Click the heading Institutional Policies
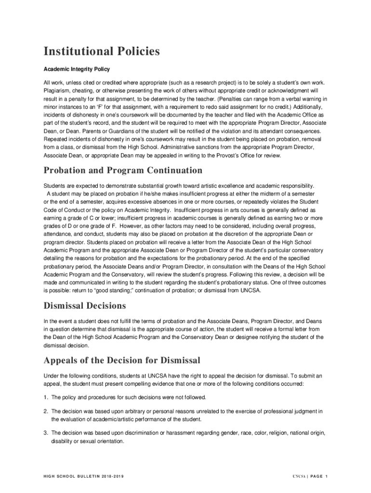click(102, 52)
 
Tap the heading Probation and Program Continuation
click(123, 170)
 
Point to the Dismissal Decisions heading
click(85, 306)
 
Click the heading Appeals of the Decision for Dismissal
click(121, 361)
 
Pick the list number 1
click(45, 397)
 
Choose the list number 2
click(45, 411)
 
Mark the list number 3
click(45, 433)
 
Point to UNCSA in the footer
click(299, 477)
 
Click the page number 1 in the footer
click(326, 477)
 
